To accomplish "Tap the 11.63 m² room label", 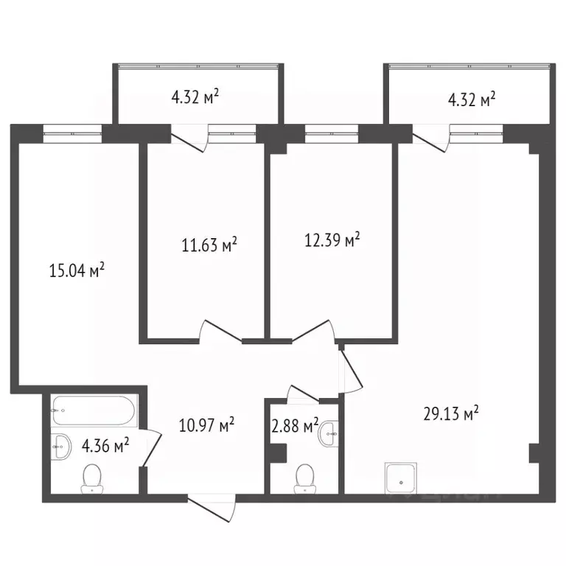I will (x=209, y=245).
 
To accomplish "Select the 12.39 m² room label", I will (x=332, y=240).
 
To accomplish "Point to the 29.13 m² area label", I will (x=451, y=413).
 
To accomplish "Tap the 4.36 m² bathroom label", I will (x=106, y=444).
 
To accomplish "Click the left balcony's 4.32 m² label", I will (x=196, y=98).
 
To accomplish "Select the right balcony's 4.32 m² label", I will (x=467, y=98).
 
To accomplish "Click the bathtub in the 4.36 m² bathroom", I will (x=94, y=410).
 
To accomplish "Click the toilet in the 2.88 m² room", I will (x=303, y=479).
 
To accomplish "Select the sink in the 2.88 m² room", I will (x=328, y=435).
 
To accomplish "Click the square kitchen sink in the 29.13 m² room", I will (x=400, y=479).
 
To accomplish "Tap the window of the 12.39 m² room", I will (x=331, y=133).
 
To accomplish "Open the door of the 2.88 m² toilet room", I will (x=303, y=394).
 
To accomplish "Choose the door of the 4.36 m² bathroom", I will (x=151, y=448).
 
